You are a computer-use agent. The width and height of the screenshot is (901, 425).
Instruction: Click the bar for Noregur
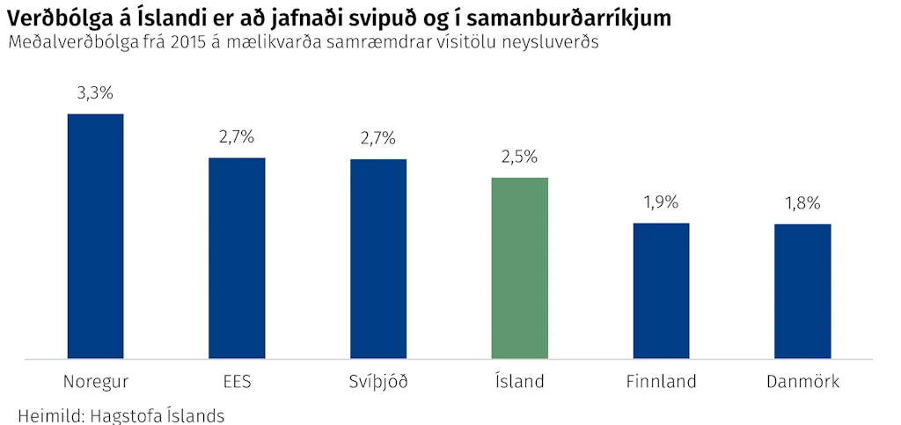point(95,236)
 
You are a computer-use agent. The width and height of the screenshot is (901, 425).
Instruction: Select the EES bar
point(237,259)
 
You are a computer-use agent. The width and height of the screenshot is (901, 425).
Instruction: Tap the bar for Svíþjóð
point(378,259)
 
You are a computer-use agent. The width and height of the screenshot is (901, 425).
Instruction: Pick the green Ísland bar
point(519,268)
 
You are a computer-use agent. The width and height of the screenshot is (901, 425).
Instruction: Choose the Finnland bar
point(661,291)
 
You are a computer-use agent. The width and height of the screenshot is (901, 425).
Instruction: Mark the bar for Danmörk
point(802,292)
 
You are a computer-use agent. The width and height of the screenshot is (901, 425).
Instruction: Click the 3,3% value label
point(95,93)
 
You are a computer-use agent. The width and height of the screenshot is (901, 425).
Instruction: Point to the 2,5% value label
point(519,157)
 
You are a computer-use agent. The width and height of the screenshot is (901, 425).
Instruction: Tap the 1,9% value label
point(661,202)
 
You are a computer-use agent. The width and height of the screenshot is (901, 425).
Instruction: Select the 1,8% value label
point(802,203)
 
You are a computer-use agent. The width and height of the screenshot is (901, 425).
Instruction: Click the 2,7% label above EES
point(237,137)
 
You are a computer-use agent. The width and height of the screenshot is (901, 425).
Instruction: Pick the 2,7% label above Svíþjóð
point(378,138)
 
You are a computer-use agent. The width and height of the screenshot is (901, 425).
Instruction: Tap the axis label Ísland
point(519,381)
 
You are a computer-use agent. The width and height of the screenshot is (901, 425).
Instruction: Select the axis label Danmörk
point(802,381)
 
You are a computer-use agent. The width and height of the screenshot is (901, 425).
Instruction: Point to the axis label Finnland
point(662,381)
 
